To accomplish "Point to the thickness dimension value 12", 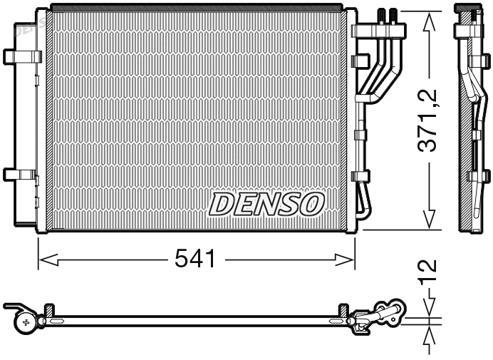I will (x=428, y=273).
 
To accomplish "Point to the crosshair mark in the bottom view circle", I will (x=27, y=323).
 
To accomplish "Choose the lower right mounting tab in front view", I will (x=358, y=174).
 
